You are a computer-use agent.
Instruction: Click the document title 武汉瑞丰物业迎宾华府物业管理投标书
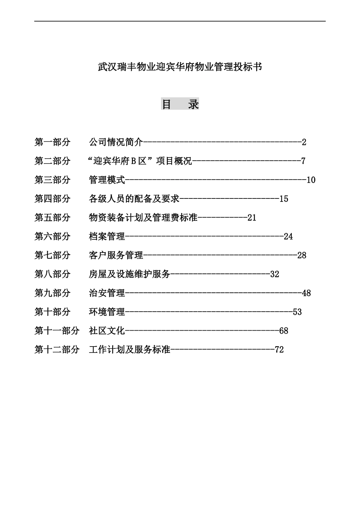[x=180, y=67]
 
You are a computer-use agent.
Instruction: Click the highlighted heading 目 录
[x=180, y=104]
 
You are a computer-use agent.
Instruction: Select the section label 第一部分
[x=53, y=142]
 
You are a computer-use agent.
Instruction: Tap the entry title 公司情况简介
[x=116, y=142]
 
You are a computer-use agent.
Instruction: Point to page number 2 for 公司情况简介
[x=304, y=142]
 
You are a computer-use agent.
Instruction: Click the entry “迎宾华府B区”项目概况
[x=140, y=161]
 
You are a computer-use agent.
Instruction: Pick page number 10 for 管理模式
[x=311, y=180]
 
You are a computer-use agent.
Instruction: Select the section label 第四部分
[x=53, y=199]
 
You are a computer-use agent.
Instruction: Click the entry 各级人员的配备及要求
[x=134, y=199]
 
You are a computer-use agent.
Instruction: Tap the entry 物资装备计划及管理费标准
[x=143, y=218]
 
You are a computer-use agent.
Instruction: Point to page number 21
[x=252, y=218]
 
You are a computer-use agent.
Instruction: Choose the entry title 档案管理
[x=107, y=237]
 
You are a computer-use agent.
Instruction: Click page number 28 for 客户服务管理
[x=302, y=255]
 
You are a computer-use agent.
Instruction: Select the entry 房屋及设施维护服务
[x=130, y=274]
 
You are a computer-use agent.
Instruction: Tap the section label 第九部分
[x=53, y=293]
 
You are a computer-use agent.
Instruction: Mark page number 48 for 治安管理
[x=306, y=293]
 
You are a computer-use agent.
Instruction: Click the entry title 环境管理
[x=107, y=312]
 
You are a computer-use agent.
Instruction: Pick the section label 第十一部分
[x=57, y=331]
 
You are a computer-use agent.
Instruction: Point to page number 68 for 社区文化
[x=283, y=331]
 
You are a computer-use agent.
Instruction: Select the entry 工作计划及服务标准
[x=130, y=350]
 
